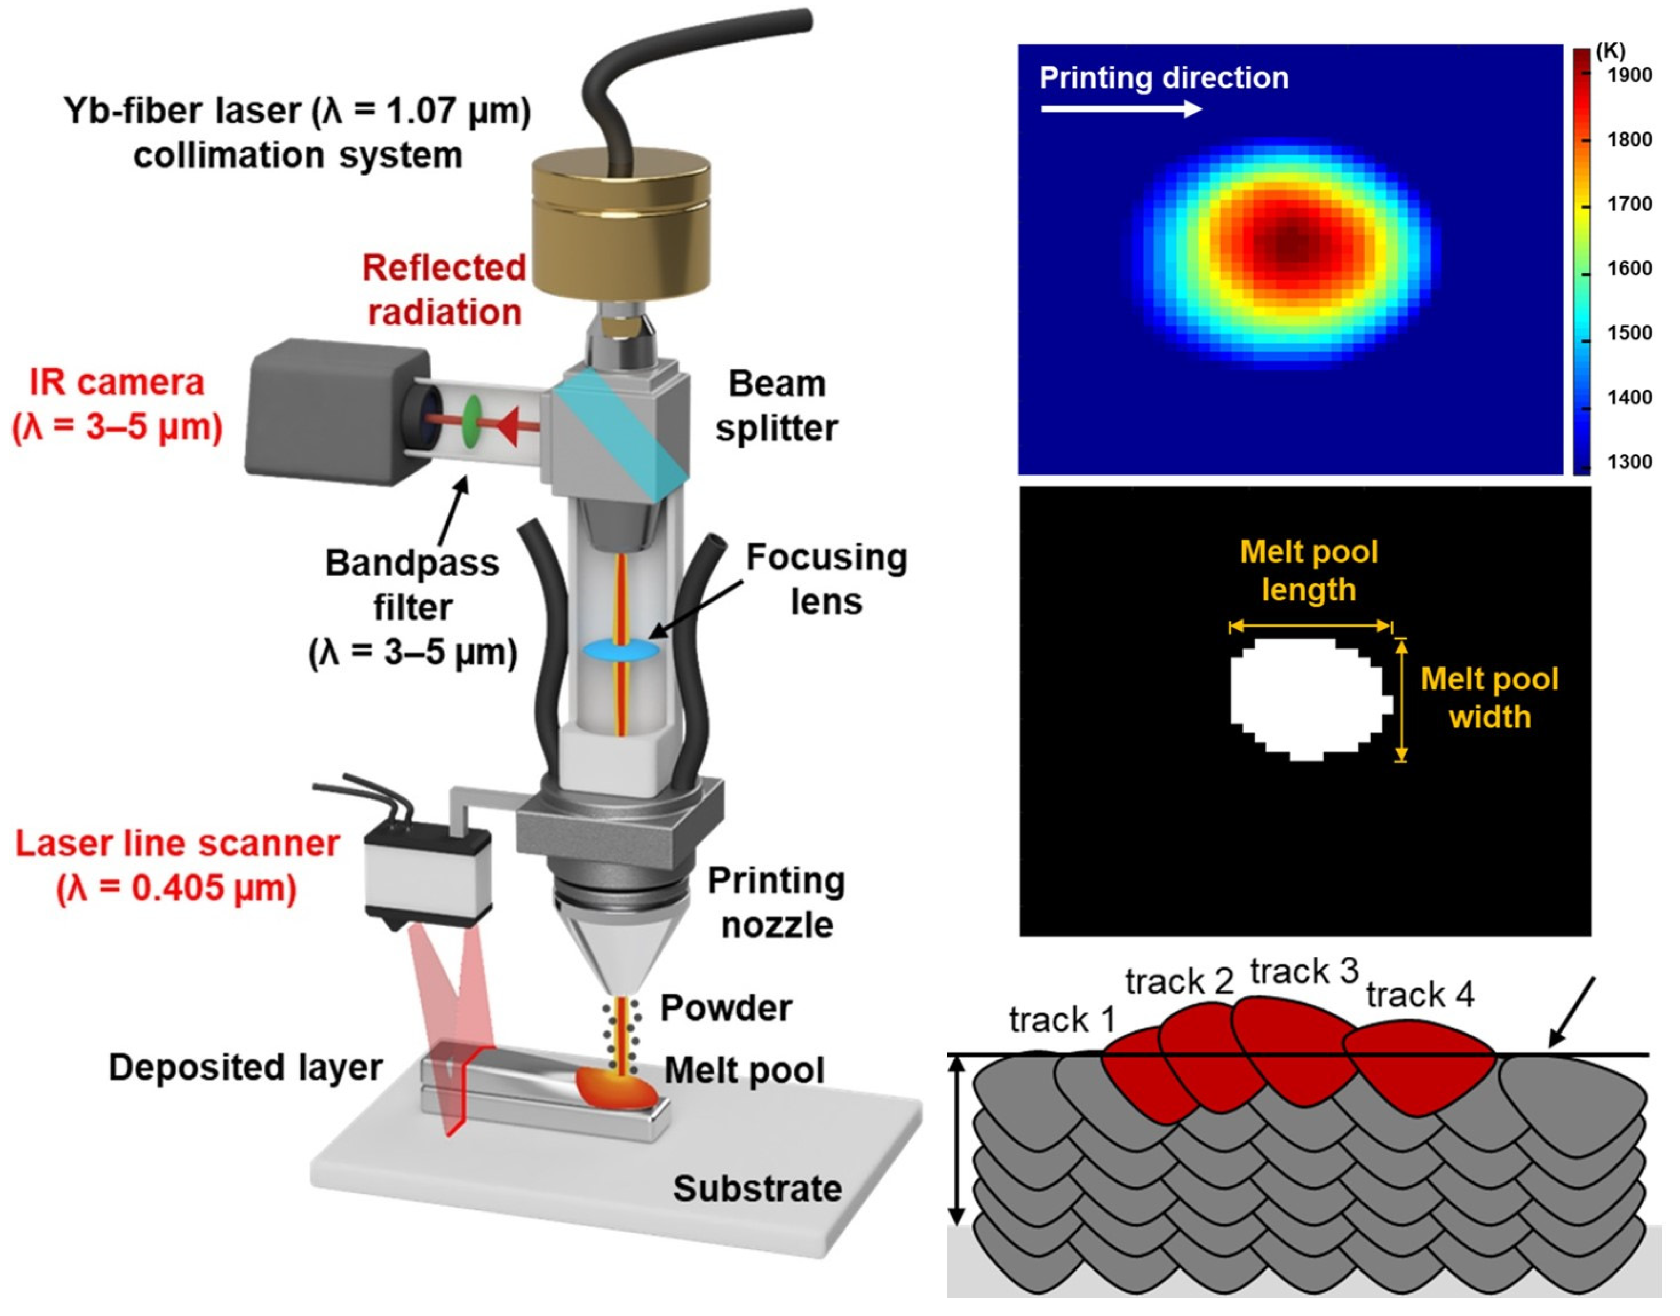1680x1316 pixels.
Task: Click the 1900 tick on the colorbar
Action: click(x=1629, y=76)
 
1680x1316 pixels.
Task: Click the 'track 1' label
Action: click(x=1062, y=1020)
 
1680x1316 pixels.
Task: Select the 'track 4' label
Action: click(x=1419, y=995)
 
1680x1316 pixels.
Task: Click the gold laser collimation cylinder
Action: click(x=622, y=223)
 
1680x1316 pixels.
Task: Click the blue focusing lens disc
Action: click(x=620, y=650)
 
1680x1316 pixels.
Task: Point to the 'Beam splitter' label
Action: click(x=776, y=406)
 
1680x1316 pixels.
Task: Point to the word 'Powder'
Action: click(x=726, y=1008)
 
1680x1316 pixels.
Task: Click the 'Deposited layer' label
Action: click(x=245, y=1068)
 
